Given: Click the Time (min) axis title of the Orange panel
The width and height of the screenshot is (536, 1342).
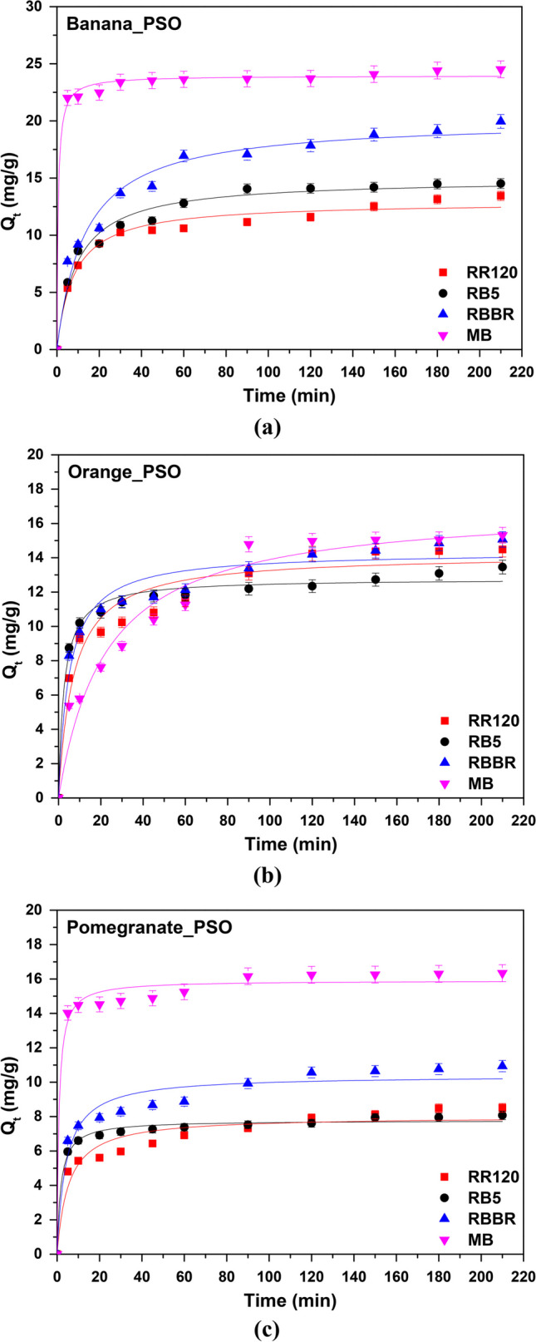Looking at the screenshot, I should [x=290, y=845].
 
